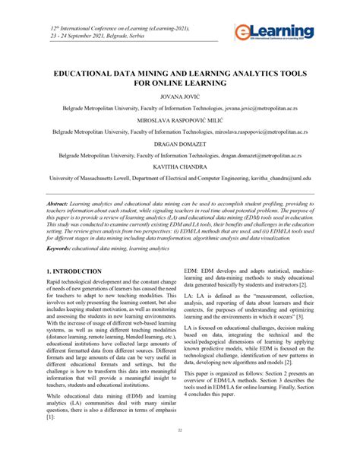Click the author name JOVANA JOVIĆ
179,98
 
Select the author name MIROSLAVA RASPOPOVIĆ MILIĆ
179,120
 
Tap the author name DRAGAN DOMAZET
179,142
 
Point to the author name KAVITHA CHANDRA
179,165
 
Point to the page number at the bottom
179,452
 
